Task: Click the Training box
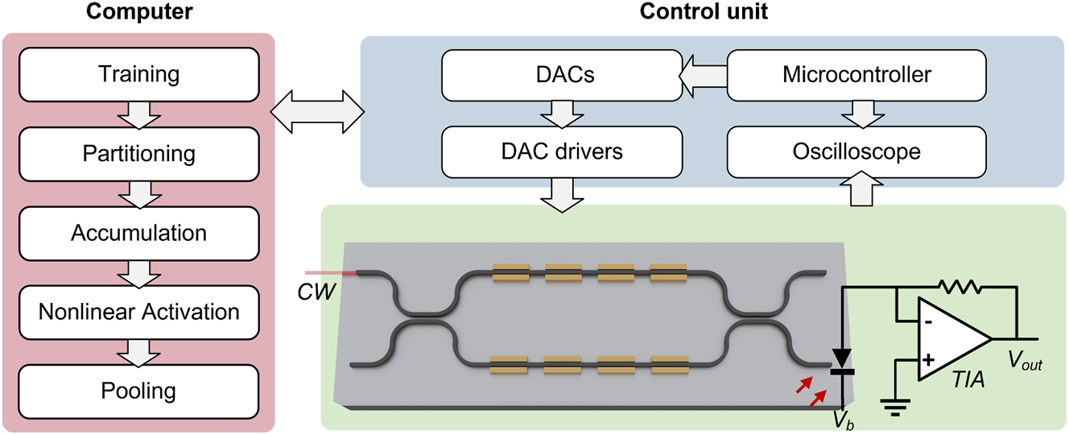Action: (138, 75)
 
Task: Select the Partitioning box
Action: (138, 153)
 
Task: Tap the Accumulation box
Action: (138, 233)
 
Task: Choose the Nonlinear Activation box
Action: (138, 311)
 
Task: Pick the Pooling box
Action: (138, 391)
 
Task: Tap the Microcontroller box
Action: (856, 75)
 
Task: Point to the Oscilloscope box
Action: (856, 151)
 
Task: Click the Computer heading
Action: (138, 13)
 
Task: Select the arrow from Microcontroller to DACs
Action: (703, 75)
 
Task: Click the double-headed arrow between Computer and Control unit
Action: (318, 109)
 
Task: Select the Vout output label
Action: (1025, 363)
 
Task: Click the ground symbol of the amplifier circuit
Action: (894, 403)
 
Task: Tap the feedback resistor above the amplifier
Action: (956, 285)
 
